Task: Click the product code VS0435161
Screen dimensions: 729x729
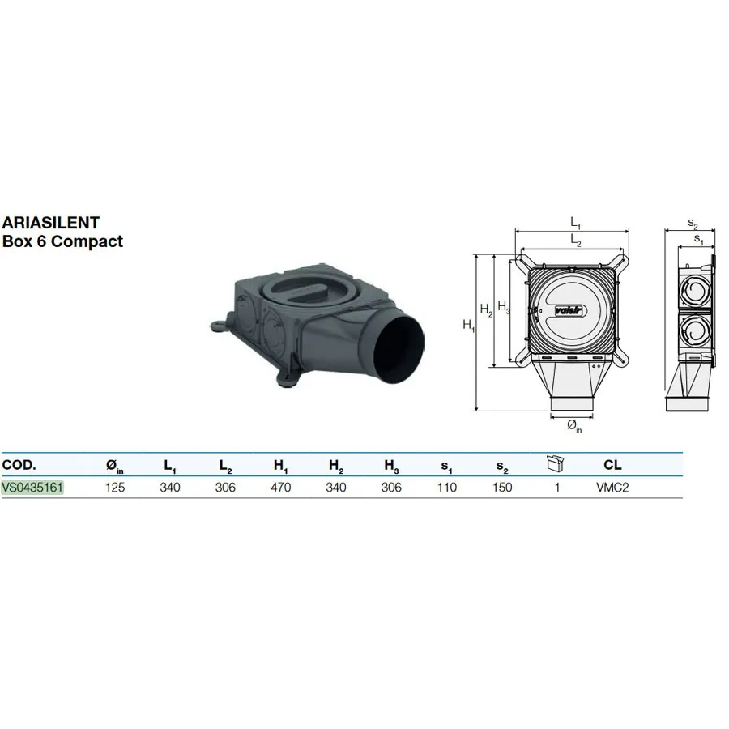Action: (32, 488)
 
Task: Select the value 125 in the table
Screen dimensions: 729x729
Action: (115, 488)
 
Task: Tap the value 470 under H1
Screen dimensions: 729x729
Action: (281, 488)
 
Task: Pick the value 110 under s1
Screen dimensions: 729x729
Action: (447, 488)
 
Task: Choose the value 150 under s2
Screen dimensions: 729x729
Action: (502, 488)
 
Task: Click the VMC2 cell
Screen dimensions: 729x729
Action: (612, 488)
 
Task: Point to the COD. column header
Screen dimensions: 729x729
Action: (19, 464)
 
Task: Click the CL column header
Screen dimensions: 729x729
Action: (612, 464)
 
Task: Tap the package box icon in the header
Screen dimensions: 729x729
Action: (555, 463)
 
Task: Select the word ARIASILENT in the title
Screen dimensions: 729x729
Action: (51, 223)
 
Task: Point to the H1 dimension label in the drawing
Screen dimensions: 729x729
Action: (469, 325)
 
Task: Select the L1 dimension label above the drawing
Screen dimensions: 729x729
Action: (576, 223)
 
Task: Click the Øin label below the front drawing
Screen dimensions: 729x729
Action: (574, 426)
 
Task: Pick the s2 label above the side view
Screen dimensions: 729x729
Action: (693, 224)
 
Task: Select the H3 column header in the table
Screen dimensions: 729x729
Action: (391, 466)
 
